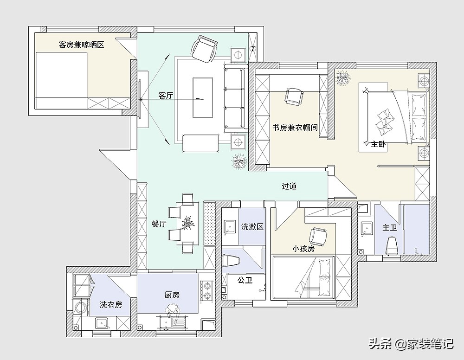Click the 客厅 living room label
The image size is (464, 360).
[166, 96]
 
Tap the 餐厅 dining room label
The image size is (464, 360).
[159, 224]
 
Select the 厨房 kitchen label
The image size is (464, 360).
[172, 295]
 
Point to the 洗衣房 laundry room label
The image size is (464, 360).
[111, 304]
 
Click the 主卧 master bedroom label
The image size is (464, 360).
[379, 144]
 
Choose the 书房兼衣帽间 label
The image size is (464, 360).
[295, 128]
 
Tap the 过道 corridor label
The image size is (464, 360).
[289, 186]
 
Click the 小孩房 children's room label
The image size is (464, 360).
[303, 249]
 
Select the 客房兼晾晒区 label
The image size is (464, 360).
[81, 45]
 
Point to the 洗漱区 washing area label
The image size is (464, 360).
[252, 227]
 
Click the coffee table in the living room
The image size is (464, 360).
[203, 97]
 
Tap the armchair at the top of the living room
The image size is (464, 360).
[204, 49]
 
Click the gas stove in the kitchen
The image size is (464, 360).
[207, 291]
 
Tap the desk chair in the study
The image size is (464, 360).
[295, 96]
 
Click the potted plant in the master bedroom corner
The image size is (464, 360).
[343, 77]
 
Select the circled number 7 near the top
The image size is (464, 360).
[252, 49]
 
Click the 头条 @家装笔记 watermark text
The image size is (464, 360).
[411, 344]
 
